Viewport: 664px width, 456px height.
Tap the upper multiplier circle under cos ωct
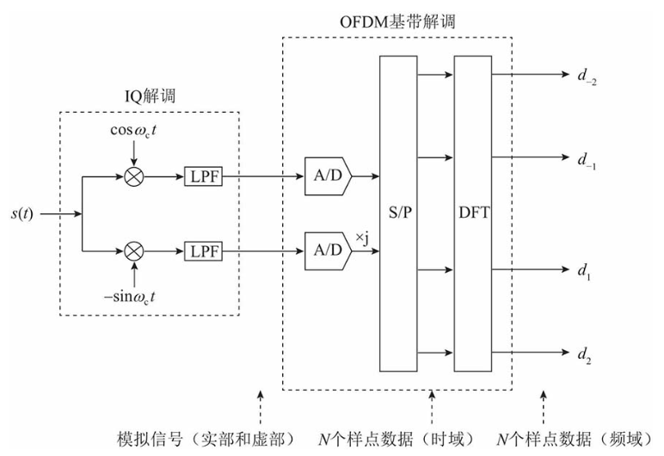point(134,176)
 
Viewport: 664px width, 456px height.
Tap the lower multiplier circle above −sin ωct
point(134,250)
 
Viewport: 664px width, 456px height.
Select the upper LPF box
point(204,176)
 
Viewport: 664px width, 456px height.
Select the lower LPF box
point(204,250)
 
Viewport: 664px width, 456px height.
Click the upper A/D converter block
point(328,176)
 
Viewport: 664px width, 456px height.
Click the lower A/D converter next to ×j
point(328,250)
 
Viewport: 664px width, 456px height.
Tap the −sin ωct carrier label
point(132,298)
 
